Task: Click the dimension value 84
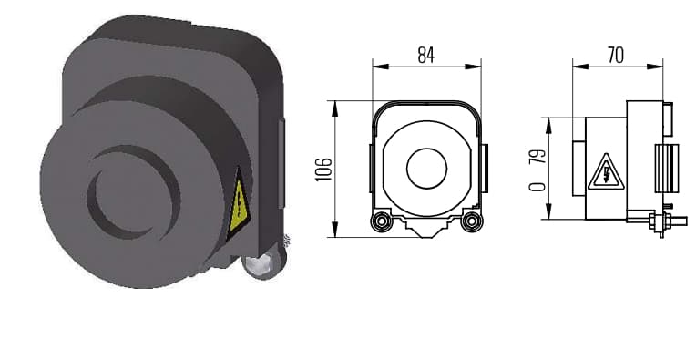click(x=425, y=55)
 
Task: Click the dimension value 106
click(x=323, y=170)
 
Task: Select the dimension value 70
click(x=616, y=55)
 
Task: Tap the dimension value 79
click(x=537, y=156)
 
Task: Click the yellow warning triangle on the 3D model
click(x=239, y=204)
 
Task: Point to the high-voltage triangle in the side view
click(x=606, y=172)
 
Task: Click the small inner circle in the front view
click(x=426, y=169)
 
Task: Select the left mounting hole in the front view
click(x=382, y=221)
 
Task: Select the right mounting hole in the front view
click(x=472, y=221)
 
